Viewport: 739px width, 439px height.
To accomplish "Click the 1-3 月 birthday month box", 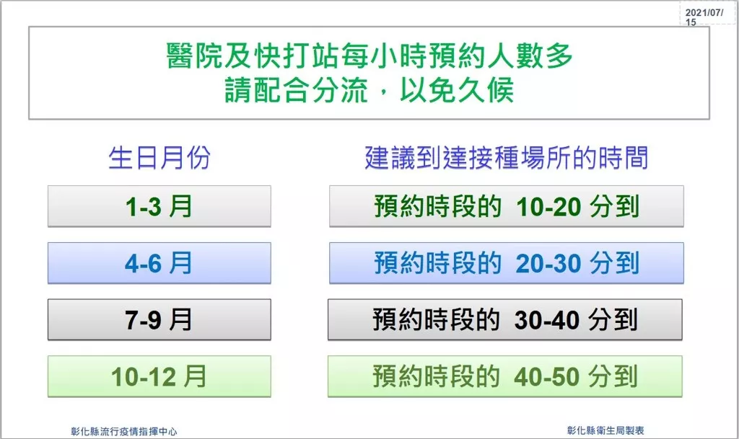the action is click(x=159, y=206).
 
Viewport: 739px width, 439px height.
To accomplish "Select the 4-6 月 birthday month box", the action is click(x=159, y=262).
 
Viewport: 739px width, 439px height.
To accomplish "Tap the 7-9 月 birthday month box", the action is click(x=159, y=319).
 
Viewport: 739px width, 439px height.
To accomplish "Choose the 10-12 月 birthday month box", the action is click(x=159, y=376).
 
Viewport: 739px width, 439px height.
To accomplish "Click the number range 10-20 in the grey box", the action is click(x=548, y=207).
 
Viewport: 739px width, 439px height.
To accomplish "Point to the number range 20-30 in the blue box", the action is click(x=548, y=264).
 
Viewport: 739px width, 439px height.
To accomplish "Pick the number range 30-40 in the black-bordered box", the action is click(x=547, y=321).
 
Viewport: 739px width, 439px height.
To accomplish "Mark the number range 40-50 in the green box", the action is click(x=547, y=377).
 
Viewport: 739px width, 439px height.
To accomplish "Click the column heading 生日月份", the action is click(x=159, y=157).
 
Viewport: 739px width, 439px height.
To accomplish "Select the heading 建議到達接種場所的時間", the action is click(x=507, y=157).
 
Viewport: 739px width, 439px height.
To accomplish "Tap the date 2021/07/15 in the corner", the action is click(x=704, y=17).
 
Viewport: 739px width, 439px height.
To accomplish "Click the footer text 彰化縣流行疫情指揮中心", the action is click(x=124, y=431).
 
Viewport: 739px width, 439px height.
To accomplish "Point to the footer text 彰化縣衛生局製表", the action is click(x=605, y=430).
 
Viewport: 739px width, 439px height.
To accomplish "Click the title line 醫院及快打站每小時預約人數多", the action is click(x=369, y=56).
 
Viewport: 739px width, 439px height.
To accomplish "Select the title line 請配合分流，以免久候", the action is click(x=369, y=90).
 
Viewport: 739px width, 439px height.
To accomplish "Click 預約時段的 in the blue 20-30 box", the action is click(x=438, y=263).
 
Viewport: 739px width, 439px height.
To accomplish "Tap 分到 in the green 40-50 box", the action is click(x=613, y=376).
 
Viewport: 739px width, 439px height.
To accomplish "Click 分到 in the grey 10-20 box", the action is click(x=615, y=207).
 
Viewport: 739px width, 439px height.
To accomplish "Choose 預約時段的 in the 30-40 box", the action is click(x=437, y=320).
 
